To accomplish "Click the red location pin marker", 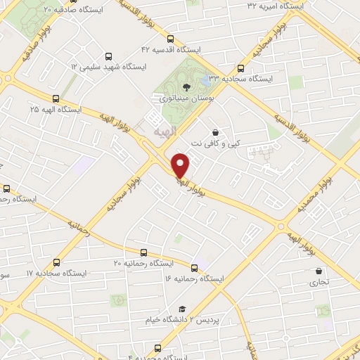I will click(x=181, y=165).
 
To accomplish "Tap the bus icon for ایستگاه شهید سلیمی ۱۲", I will click(x=108, y=56).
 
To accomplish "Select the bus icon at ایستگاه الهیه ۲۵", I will click(x=56, y=99).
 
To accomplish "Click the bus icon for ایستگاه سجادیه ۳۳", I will click(x=241, y=68).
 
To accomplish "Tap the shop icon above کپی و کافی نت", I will click(x=214, y=131).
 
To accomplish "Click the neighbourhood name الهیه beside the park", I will click(x=167, y=131).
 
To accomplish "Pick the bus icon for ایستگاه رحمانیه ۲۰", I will click(x=143, y=252).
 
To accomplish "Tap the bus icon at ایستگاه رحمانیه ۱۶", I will click(x=195, y=266).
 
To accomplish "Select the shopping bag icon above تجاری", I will click(x=319, y=271).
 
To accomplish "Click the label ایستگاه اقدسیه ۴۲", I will click(x=171, y=50).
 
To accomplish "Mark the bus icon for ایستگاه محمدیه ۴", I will click(x=157, y=348).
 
